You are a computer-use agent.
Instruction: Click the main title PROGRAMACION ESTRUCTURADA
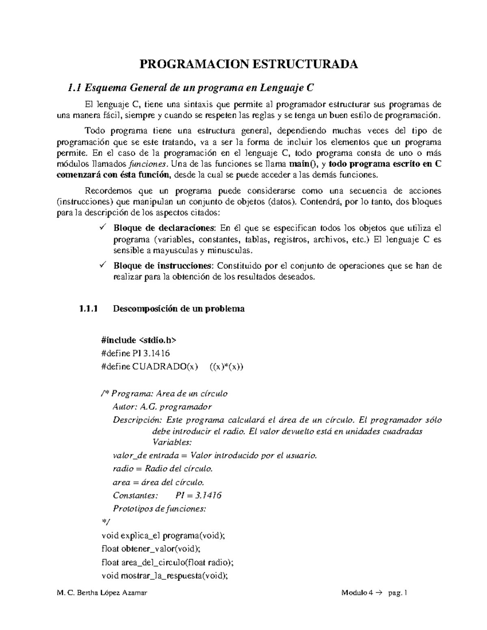249,65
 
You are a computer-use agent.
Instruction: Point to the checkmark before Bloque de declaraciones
103,227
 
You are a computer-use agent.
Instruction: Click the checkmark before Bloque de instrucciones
103,266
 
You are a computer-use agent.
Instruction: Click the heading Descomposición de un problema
179,309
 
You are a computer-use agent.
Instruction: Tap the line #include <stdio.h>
139,340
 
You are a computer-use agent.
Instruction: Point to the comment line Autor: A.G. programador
162,406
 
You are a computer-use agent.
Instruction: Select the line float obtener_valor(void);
151,549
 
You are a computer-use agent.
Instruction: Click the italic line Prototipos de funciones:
159,509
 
